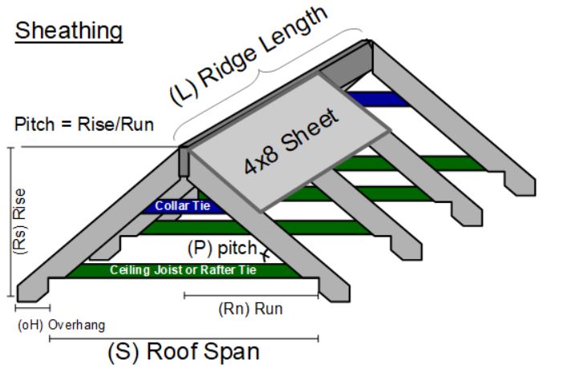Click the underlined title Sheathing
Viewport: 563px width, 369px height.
[69, 31]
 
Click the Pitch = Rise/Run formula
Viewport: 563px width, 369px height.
[84, 124]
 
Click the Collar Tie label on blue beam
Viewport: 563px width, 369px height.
[176, 206]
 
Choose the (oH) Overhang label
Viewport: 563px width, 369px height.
[61, 325]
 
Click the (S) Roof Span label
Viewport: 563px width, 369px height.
[184, 351]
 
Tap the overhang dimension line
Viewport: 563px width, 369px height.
[32, 307]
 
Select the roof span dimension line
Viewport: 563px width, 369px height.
[184, 338]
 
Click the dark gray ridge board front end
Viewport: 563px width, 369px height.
[184, 161]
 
